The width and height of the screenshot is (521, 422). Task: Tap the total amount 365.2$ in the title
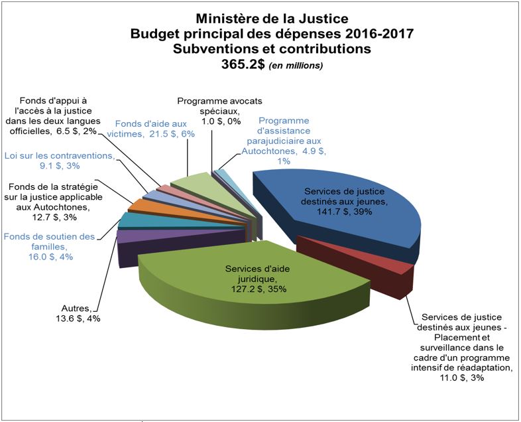(242, 64)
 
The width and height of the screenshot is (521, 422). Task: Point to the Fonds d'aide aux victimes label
(152, 129)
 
